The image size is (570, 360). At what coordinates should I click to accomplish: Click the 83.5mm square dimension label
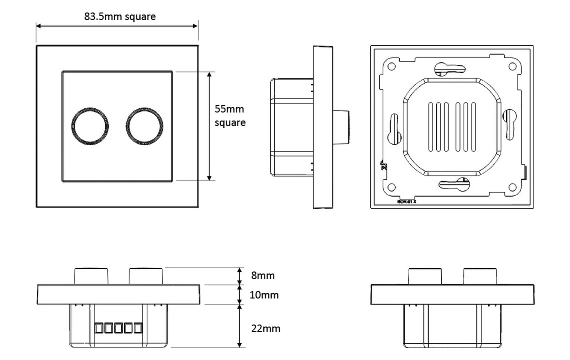pos(120,17)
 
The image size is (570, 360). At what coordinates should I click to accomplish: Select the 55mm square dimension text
pos(230,116)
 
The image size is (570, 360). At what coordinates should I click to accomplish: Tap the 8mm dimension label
pos(263,275)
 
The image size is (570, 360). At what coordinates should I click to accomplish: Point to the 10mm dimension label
pos(264,295)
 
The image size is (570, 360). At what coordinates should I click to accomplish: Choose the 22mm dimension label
pos(266,328)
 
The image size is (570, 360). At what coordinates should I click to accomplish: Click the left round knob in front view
pos(90,126)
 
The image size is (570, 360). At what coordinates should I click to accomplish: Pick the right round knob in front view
pos(144,126)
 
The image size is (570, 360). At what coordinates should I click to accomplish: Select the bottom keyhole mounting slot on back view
pos(454,184)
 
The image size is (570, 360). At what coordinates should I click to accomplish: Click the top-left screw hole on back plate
pos(391,67)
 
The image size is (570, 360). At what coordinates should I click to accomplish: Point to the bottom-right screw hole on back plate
pos(512,187)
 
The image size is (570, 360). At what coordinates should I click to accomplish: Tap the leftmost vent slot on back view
pos(431,127)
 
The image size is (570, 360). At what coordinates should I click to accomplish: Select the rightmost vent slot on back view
pos(473,127)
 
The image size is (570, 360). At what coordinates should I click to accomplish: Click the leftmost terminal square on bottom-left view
pos(99,328)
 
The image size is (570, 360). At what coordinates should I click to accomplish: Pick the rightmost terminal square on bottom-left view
pos(138,328)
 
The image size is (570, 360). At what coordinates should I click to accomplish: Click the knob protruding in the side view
pos(341,127)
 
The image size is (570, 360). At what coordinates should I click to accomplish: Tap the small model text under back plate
pos(407,201)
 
